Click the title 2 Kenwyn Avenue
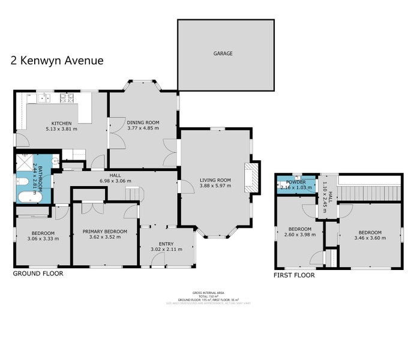(57, 60)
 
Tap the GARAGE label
(223, 53)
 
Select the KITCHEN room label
(62, 124)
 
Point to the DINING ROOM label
(143, 122)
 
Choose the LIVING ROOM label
(215, 179)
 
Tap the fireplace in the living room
(253, 177)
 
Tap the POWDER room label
(296, 182)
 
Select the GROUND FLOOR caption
(38, 274)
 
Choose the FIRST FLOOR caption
(294, 275)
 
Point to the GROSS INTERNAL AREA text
(208, 291)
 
